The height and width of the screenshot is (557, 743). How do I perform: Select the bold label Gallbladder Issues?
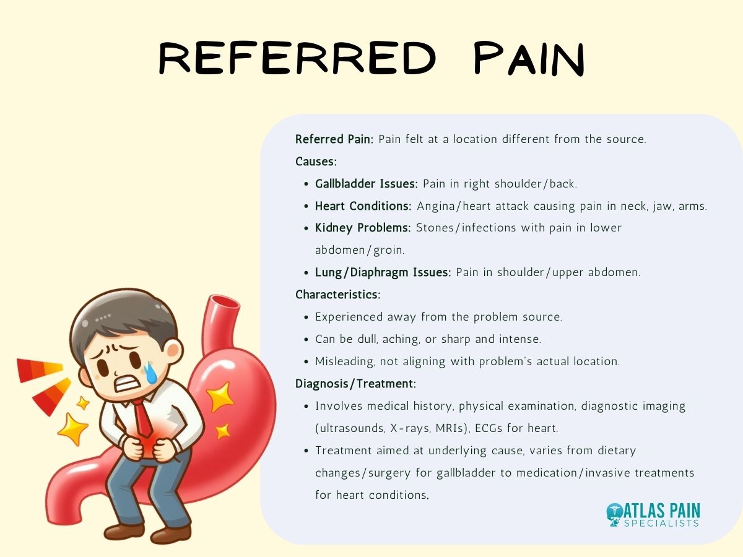pos(367,184)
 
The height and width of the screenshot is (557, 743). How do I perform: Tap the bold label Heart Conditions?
pos(363,206)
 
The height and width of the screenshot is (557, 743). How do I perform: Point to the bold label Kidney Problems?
pos(363,228)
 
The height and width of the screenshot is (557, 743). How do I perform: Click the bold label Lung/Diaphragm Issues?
pos(383,272)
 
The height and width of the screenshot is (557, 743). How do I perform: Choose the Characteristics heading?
pos(337,295)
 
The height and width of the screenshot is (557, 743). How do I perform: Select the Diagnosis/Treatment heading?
pos(355,384)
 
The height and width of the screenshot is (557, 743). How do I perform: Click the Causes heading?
pos(316,162)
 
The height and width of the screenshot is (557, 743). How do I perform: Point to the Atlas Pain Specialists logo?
pos(653,514)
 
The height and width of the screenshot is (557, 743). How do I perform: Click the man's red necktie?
pos(144,418)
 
